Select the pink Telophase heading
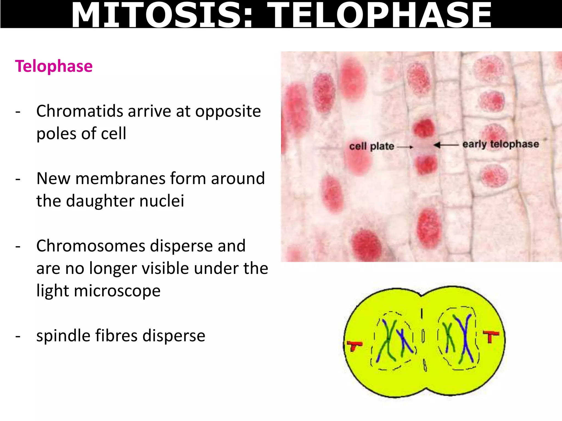pos(54,66)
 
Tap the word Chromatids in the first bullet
pos(80,111)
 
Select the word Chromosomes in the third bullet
pos(91,246)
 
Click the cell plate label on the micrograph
pos(372,146)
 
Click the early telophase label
pos(501,144)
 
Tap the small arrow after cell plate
pos(405,147)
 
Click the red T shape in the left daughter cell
pos(354,345)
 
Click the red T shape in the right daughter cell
pos(491,336)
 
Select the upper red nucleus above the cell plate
pos(424,128)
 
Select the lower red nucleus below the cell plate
pos(426,164)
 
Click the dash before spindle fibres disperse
pos(18,336)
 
